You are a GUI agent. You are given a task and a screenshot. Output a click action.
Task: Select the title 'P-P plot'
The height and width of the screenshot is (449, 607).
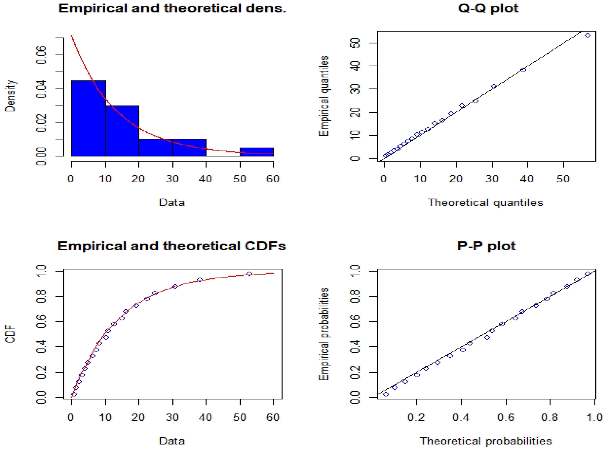486,246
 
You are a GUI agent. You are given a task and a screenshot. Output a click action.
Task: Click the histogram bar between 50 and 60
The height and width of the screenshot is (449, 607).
256,152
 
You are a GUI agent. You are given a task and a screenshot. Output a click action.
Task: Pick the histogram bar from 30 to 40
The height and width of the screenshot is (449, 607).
189,148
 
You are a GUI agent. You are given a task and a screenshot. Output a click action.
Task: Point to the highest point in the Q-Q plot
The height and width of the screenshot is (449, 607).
587,35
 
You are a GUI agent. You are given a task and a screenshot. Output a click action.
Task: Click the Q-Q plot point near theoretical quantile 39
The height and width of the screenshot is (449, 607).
523,70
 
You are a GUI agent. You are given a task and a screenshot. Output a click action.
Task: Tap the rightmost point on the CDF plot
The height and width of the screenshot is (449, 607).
249,274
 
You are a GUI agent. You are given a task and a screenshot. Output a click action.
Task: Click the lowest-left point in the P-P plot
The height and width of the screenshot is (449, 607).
386,394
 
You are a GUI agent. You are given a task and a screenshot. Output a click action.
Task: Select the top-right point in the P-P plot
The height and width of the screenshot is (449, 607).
587,274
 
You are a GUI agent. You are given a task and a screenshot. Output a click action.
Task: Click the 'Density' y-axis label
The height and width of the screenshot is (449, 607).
10,96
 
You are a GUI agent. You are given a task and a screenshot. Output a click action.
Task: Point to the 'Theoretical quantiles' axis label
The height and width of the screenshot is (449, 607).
485,202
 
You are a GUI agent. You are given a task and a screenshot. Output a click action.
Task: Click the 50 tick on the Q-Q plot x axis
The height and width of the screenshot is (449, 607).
563,179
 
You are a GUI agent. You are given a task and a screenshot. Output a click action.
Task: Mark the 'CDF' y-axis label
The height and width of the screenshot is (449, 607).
10,335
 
